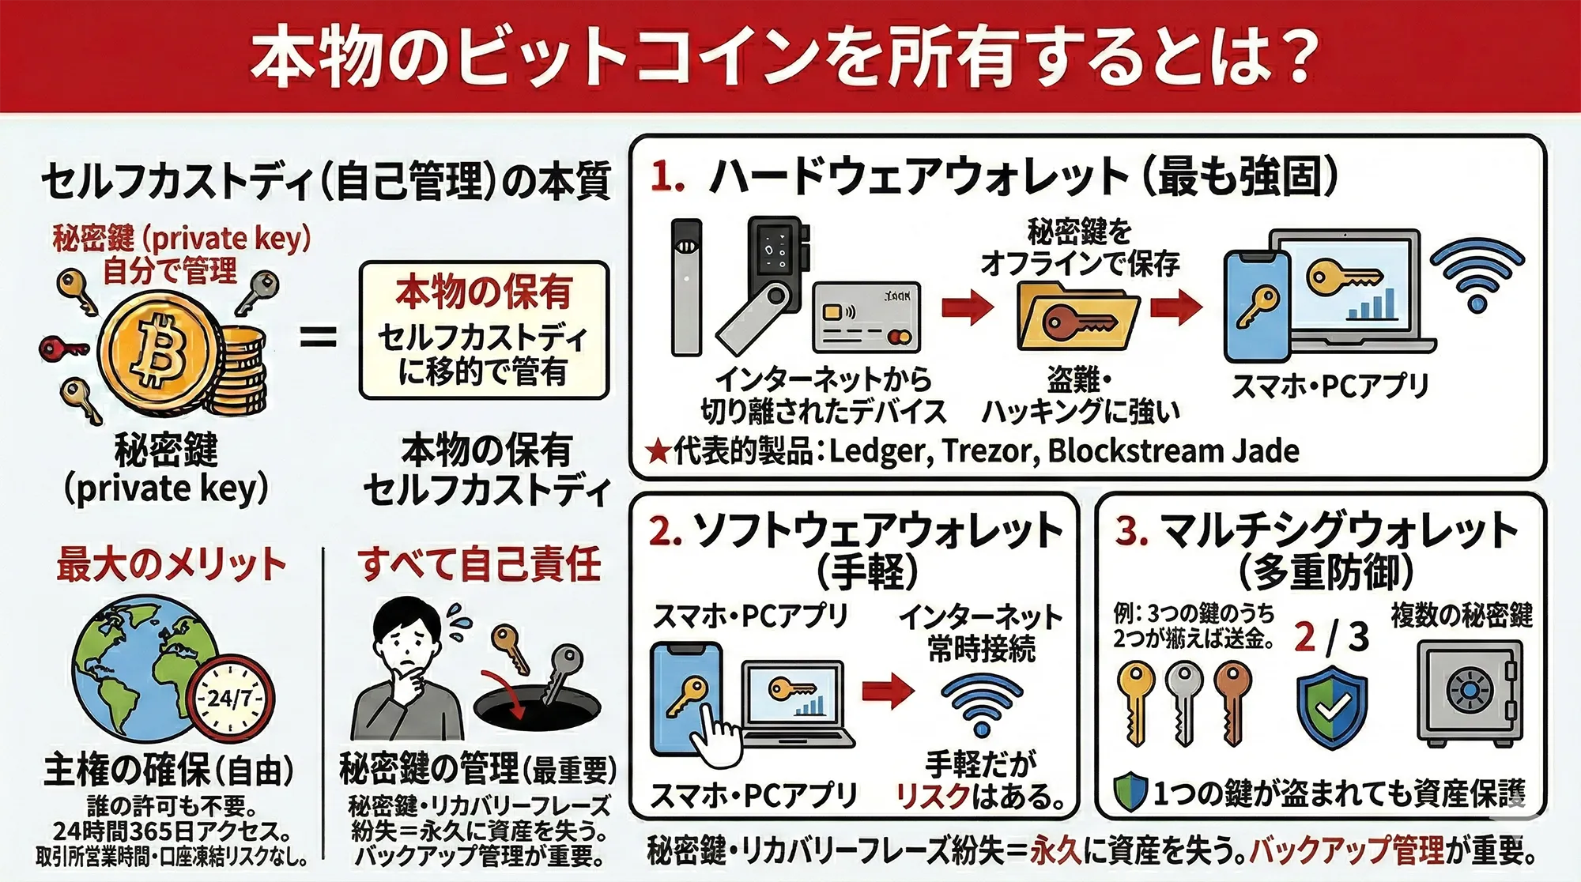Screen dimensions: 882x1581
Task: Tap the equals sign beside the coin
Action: click(319, 338)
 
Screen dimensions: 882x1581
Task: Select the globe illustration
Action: click(142, 664)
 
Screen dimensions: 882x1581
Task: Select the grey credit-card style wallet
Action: click(866, 317)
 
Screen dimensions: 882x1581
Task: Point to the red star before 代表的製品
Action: click(658, 452)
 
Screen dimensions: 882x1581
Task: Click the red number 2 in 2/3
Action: click(1305, 636)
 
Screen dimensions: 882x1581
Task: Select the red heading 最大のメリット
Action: click(171, 564)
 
